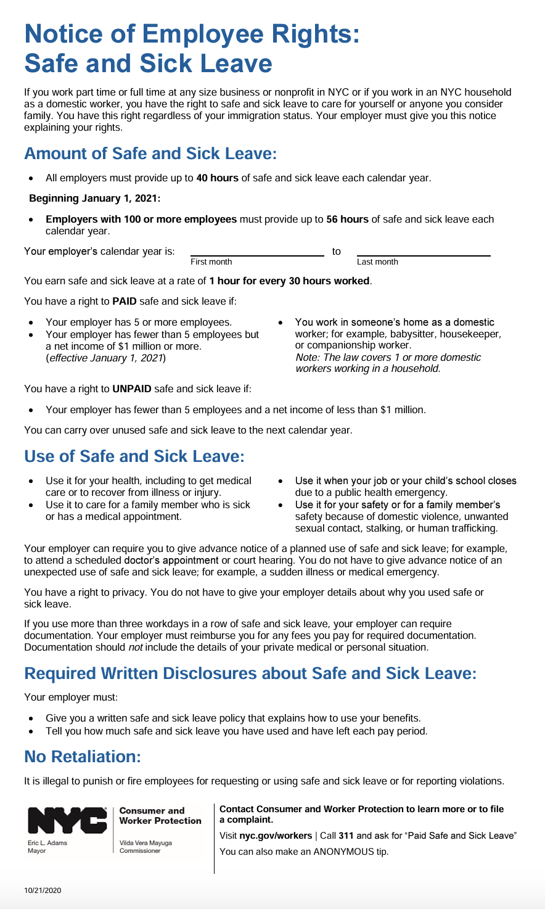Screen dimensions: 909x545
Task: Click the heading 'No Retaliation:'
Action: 83,757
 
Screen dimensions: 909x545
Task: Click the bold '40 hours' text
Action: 217,178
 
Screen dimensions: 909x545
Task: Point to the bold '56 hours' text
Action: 347,220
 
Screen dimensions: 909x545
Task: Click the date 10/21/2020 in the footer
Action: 43,890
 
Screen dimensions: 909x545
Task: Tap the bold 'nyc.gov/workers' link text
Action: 276,836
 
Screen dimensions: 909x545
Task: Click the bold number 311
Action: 346,836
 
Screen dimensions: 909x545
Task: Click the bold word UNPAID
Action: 132,389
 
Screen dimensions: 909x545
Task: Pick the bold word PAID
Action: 125,302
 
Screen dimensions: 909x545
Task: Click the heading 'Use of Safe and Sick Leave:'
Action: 134,456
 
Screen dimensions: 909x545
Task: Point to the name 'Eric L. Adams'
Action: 47,842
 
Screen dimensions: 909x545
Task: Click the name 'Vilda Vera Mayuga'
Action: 145,842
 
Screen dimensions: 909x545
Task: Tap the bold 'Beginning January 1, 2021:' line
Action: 94,199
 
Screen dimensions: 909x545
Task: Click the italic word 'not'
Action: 135,648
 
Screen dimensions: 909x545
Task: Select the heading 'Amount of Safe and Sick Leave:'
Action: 150,154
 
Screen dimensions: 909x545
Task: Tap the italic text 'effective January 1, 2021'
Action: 105,358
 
